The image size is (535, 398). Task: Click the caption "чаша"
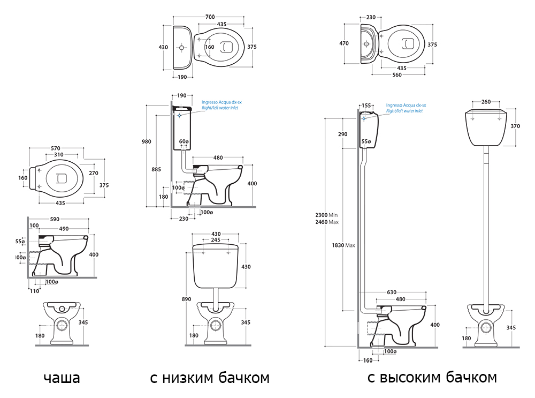62,378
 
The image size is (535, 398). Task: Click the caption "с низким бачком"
209,378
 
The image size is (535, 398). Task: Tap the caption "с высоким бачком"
432,378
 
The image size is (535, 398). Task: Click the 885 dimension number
157,170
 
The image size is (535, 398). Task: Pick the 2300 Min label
329,215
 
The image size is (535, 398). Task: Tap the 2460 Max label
329,222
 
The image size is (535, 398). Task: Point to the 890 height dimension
186,299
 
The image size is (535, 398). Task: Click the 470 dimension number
344,44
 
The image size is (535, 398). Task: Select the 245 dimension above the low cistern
217,240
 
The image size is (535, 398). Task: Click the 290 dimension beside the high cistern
342,134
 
